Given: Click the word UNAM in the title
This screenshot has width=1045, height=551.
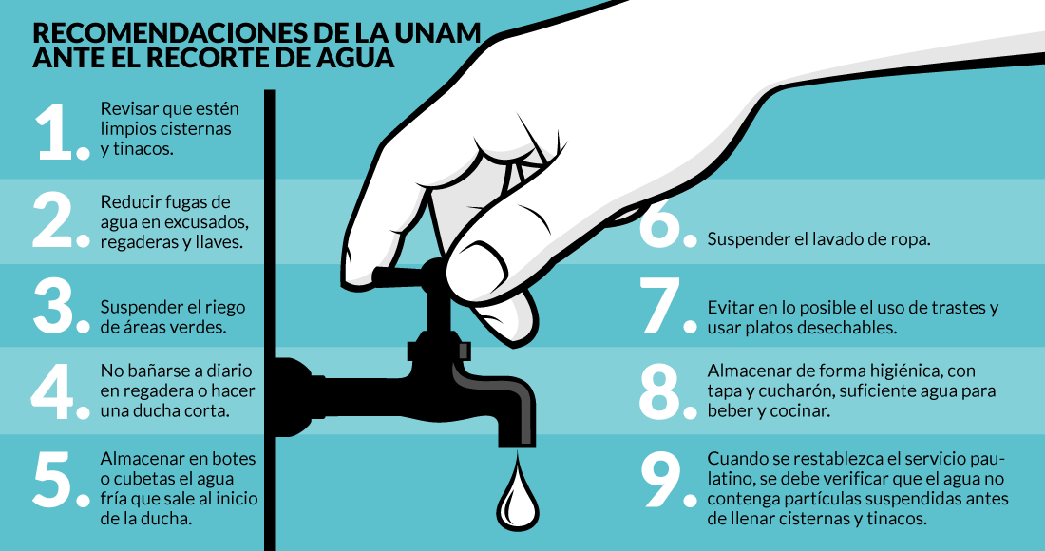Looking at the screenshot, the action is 434,33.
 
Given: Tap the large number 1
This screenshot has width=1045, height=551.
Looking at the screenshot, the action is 55,132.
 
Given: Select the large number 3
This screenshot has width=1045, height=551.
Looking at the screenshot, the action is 53,305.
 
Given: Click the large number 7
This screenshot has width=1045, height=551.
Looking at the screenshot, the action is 660,305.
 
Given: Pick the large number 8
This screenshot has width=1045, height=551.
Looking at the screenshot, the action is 660,391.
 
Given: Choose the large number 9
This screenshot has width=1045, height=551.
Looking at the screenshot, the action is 661,479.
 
